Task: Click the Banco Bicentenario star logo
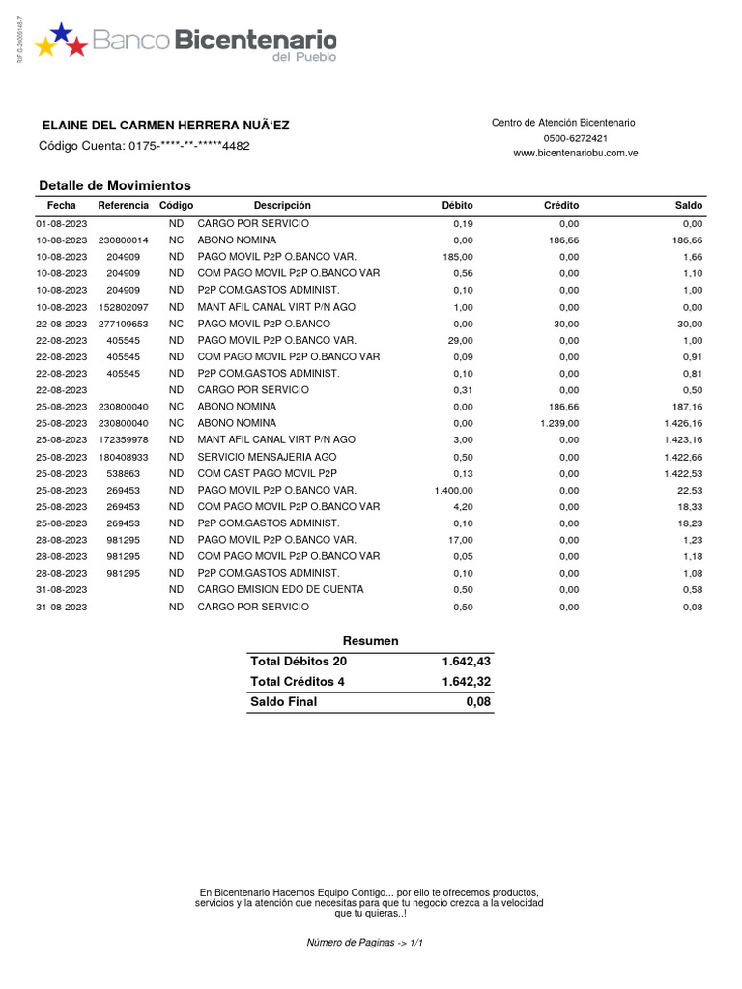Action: pos(61,41)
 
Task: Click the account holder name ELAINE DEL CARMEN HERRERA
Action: pos(165,126)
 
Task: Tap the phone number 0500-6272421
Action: pos(574,138)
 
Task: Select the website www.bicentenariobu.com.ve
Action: pos(575,153)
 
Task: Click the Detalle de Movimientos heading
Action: pos(115,185)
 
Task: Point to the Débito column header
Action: pos(457,206)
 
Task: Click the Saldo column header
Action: pos(688,206)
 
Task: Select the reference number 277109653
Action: pos(123,324)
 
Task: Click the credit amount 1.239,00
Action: pos(559,423)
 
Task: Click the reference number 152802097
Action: pos(123,306)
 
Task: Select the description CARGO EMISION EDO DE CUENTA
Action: pos(280,590)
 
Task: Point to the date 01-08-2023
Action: pos(62,223)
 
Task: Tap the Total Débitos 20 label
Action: pos(298,662)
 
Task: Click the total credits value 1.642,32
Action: pos(466,682)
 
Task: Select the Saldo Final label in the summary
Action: pos(283,702)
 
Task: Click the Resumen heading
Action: pos(370,641)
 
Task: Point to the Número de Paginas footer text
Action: pos(365,942)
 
